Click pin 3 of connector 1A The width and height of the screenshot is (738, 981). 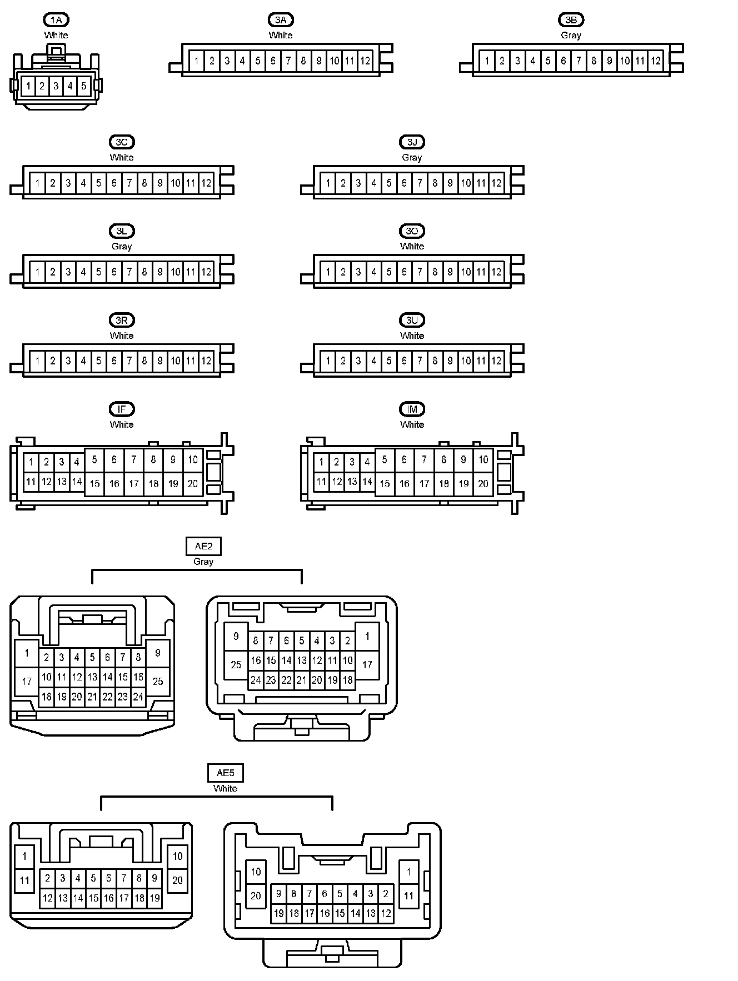56,86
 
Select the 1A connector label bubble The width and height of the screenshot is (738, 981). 56,20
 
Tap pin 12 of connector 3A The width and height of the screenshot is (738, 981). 365,61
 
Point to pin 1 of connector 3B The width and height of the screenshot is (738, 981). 487,61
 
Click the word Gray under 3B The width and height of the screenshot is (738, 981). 571,35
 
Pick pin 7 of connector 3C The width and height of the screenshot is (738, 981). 129,183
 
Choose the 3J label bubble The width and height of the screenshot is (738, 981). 412,142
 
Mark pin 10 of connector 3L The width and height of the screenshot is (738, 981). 176,272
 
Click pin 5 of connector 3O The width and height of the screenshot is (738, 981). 389,272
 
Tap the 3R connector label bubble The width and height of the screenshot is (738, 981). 122,320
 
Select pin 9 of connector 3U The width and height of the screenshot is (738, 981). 450,361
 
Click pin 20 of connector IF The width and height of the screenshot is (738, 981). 193,483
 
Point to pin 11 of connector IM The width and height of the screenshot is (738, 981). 321,482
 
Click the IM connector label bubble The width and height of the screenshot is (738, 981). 412,409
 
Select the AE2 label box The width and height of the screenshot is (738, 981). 203,546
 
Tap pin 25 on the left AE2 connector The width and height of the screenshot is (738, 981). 158,681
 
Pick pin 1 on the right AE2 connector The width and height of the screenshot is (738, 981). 367,637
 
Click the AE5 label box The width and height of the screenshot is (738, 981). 225,773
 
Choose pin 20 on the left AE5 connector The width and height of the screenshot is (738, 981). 178,880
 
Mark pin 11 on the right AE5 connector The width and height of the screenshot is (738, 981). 408,895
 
